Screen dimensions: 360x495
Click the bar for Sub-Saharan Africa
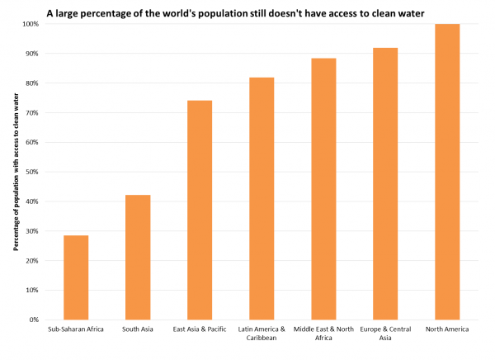[76, 277]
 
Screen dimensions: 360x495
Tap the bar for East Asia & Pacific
[199, 210]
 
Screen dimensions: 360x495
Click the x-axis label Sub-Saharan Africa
[76, 330]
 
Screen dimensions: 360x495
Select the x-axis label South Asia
[137, 330]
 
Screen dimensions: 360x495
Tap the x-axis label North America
[447, 330]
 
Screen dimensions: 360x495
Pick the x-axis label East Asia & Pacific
[199, 330]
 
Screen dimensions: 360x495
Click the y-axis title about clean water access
[15, 172]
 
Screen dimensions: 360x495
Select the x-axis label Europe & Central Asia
[385, 334]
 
